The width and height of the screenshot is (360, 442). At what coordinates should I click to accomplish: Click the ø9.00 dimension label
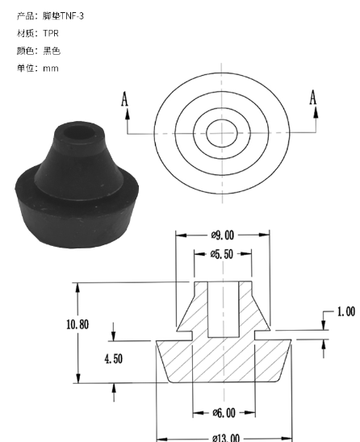click(223, 235)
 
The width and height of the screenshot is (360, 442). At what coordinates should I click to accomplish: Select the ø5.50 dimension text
click(222, 254)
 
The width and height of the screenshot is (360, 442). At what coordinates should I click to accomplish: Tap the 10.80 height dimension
click(77, 324)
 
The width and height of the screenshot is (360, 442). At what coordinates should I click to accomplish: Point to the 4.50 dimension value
click(114, 359)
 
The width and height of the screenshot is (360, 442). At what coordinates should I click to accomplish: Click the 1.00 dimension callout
click(346, 311)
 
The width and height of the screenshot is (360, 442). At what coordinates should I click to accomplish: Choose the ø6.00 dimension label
click(224, 413)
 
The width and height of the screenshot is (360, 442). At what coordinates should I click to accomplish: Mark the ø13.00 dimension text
click(226, 438)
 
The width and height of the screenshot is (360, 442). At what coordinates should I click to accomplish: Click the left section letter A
click(124, 99)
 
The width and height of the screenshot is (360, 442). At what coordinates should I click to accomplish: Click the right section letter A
click(313, 98)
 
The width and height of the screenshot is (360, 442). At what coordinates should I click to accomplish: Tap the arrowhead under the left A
click(128, 114)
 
